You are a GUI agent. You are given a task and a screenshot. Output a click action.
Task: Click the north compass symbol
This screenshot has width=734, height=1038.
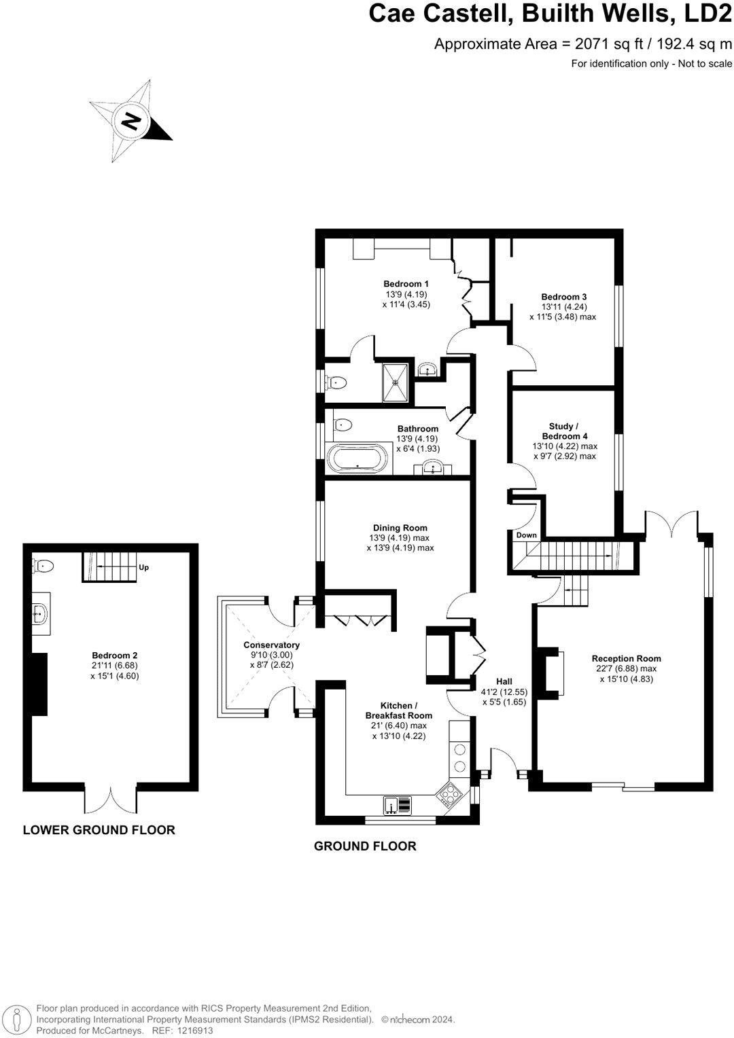[x=130, y=121]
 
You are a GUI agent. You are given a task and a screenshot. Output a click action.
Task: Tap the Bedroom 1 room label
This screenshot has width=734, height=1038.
[x=406, y=284]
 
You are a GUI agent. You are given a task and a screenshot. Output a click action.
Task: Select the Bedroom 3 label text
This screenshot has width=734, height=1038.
[x=563, y=297]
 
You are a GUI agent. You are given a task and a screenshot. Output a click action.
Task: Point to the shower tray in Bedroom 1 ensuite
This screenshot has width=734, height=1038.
[x=395, y=382]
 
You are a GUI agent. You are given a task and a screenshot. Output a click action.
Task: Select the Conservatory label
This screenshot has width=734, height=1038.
[x=271, y=645]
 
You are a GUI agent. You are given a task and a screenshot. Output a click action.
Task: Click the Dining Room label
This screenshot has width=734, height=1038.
[x=400, y=528]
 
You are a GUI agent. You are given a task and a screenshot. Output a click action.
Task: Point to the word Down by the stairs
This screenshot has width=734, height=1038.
[x=526, y=535]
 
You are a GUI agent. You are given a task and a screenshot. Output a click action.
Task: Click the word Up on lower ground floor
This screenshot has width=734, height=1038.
[x=143, y=567]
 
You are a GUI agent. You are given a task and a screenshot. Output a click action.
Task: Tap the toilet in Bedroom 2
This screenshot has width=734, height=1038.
[x=43, y=565]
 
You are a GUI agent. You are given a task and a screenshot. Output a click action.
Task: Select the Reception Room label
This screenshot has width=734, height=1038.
[x=626, y=658]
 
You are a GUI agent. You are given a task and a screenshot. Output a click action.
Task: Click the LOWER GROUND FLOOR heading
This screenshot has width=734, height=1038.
[x=99, y=829]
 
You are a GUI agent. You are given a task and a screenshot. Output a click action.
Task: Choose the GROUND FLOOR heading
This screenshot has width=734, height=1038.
[x=365, y=846]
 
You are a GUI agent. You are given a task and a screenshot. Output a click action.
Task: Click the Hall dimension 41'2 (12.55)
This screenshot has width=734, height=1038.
[x=504, y=692]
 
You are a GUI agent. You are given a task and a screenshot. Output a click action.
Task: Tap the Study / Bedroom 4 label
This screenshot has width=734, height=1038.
[x=564, y=431]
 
